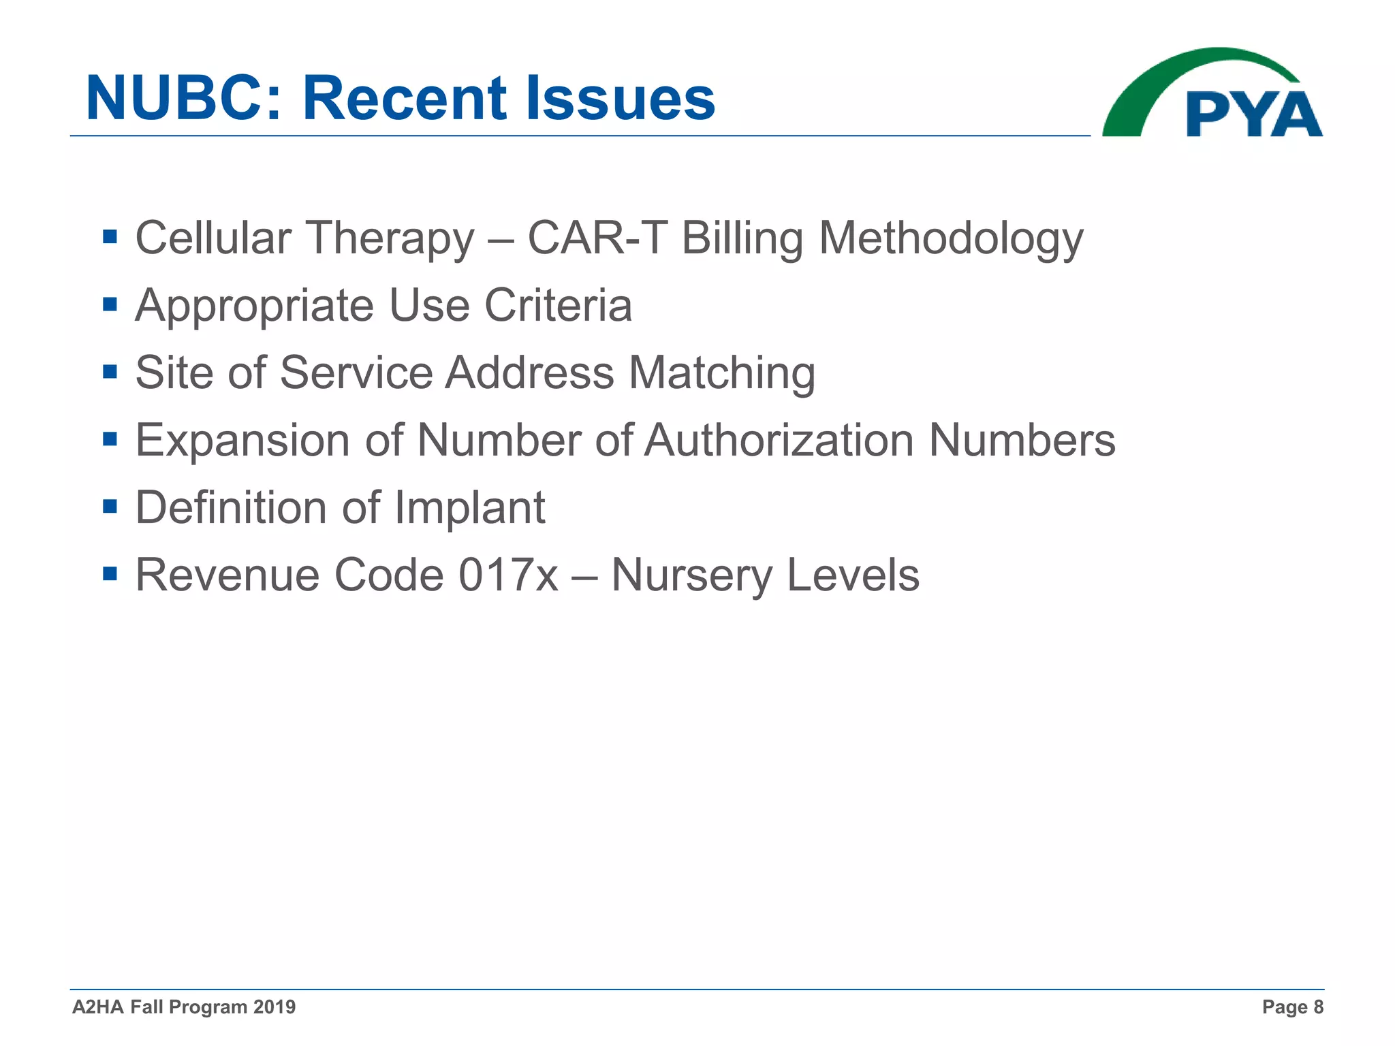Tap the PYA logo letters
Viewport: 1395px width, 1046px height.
(x=1253, y=114)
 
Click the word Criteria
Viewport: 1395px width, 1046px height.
(x=558, y=305)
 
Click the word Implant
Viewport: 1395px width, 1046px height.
(x=469, y=508)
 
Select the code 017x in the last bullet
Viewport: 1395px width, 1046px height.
(x=508, y=575)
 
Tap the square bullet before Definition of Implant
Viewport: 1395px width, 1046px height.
(x=110, y=507)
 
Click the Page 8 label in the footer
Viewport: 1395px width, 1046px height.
(x=1292, y=1007)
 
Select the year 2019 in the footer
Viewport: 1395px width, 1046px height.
(x=274, y=1007)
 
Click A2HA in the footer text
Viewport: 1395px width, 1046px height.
(x=97, y=1007)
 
